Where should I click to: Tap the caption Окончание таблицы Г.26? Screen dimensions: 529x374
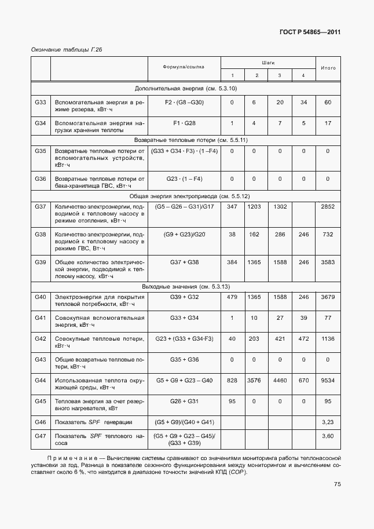66,50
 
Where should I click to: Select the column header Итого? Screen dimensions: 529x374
328,68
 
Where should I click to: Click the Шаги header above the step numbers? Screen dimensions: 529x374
267,61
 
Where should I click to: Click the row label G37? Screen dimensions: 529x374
40,206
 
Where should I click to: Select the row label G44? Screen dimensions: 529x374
40,380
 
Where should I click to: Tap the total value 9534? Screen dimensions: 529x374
328,380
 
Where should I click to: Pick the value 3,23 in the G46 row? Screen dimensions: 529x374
328,421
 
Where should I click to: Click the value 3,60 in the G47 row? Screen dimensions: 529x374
328,436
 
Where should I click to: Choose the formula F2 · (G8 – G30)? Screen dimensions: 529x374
184,102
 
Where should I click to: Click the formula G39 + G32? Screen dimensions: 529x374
184,297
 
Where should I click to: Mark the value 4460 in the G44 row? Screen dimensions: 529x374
280,380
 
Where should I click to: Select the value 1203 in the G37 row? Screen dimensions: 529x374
254,206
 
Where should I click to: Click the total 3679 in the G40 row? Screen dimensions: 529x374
328,297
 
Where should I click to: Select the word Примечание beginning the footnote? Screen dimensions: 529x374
56,458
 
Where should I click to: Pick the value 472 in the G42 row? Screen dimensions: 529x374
303,338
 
